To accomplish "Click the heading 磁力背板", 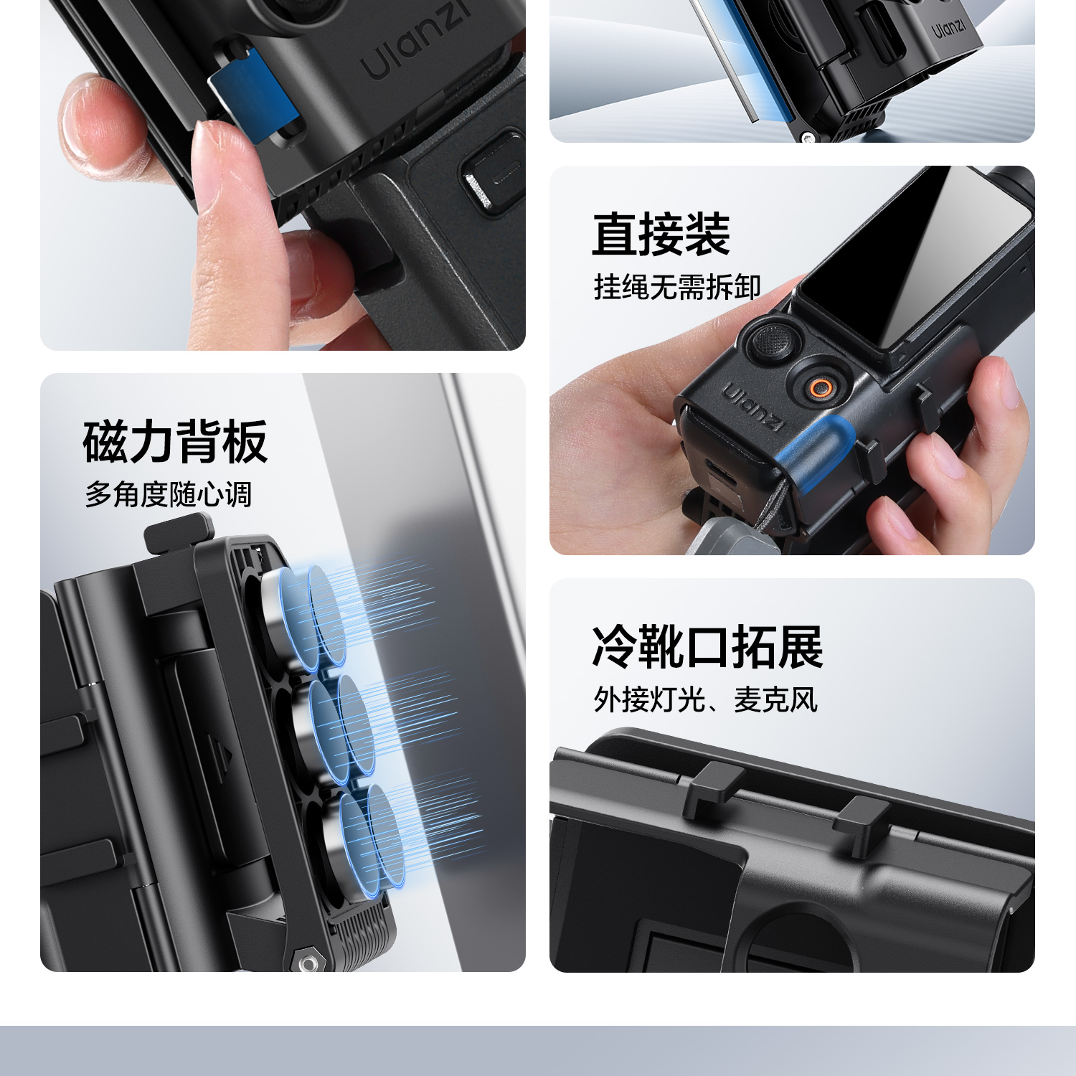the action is pyautogui.click(x=176, y=442).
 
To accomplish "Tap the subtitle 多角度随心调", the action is pyautogui.click(x=169, y=495).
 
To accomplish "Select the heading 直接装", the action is pyautogui.click(x=661, y=235).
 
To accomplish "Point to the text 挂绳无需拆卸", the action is pyautogui.click(x=677, y=287).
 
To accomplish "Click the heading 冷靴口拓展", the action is pyautogui.click(x=707, y=647).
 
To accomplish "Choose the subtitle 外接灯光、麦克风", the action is pyautogui.click(x=705, y=699).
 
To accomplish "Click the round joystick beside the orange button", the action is pyautogui.click(x=772, y=341).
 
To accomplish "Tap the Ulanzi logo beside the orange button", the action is pyautogui.click(x=752, y=407).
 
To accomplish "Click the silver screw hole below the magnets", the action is pyautogui.click(x=309, y=963).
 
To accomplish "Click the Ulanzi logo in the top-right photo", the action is pyautogui.click(x=949, y=29).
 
